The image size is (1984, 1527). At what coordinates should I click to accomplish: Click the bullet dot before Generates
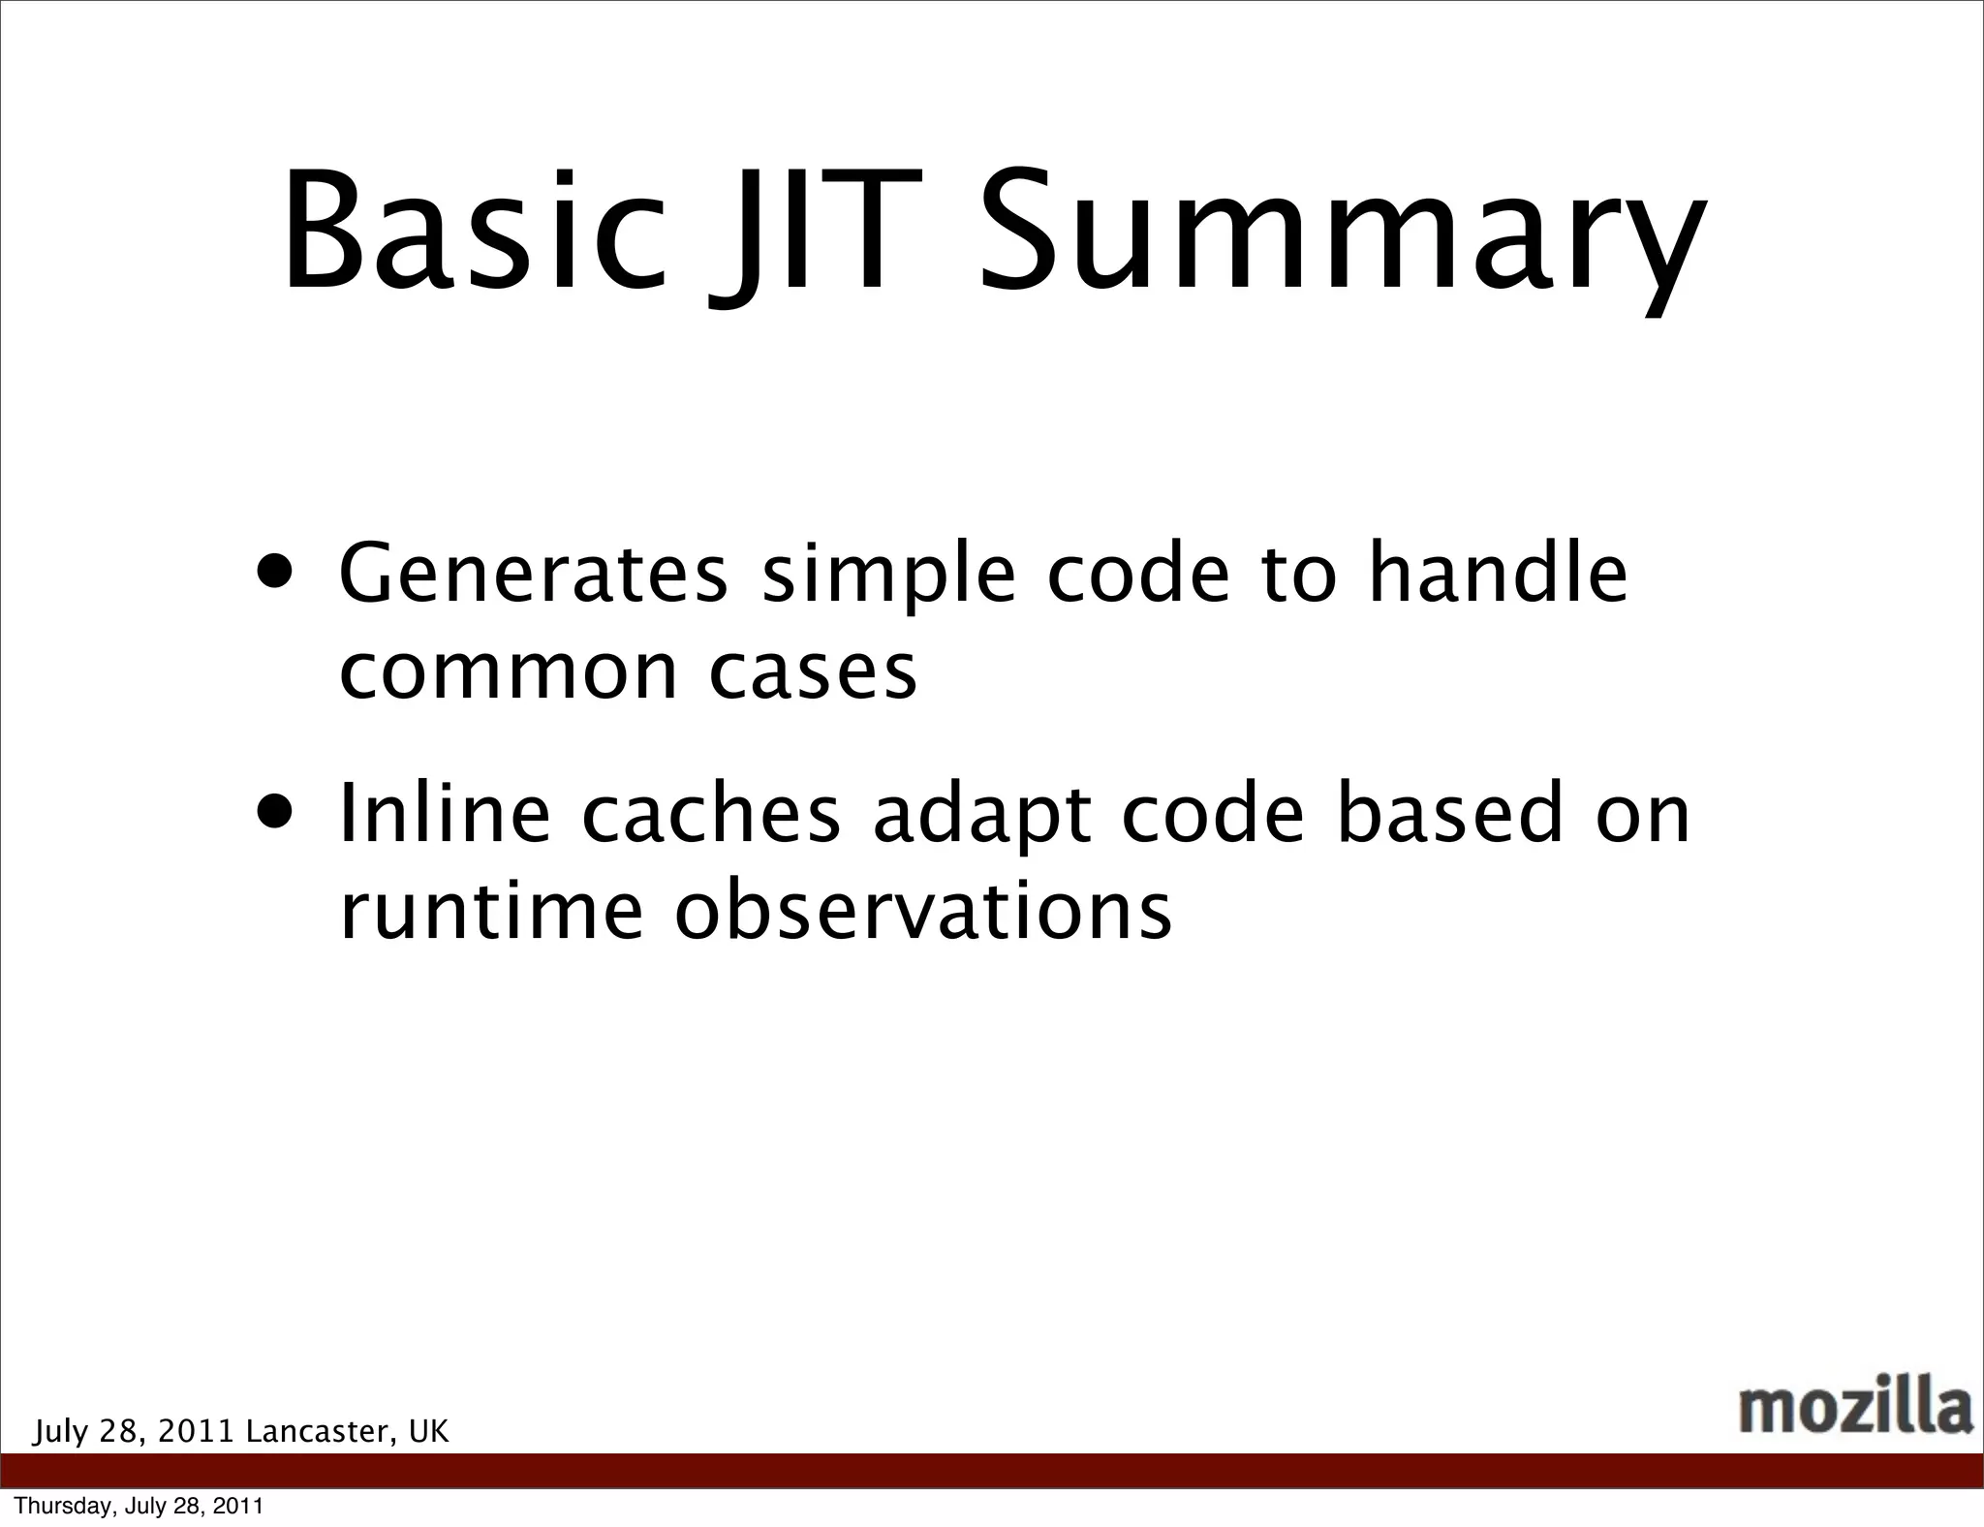pos(278,570)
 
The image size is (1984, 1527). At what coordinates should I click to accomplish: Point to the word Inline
pos(445,814)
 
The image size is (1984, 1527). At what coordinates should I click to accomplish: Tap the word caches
pos(711,814)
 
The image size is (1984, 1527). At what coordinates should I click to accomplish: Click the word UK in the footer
pos(429,1432)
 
